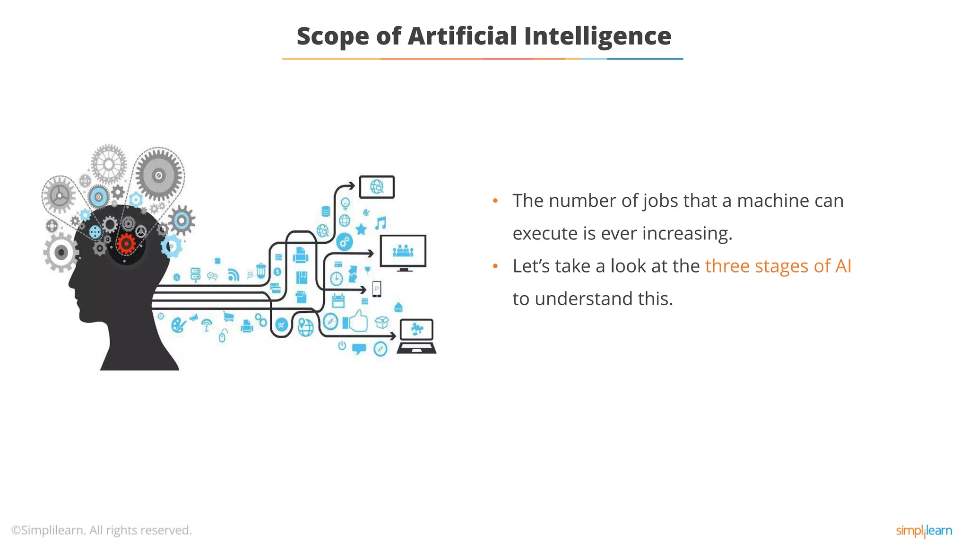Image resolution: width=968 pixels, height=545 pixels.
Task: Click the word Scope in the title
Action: click(x=332, y=36)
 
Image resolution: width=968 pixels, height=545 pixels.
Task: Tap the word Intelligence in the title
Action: click(x=597, y=36)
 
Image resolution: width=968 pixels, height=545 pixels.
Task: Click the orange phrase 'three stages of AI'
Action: click(x=778, y=266)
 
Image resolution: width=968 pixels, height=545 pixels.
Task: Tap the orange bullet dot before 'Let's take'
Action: click(x=495, y=266)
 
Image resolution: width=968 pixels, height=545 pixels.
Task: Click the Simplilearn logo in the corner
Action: click(x=924, y=530)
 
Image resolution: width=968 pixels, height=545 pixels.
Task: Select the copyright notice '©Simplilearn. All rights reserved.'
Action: click(x=102, y=530)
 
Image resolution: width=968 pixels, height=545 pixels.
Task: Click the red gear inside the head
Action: click(x=126, y=244)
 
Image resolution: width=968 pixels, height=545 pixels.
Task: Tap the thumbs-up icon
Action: click(x=359, y=321)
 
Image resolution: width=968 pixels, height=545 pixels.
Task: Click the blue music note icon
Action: click(x=380, y=223)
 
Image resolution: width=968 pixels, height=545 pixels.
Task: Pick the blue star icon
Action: click(x=361, y=229)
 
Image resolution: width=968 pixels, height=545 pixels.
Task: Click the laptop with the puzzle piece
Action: click(x=416, y=336)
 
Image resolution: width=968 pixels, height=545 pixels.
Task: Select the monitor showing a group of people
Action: click(x=403, y=252)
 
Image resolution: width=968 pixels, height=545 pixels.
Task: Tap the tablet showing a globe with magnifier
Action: click(x=377, y=187)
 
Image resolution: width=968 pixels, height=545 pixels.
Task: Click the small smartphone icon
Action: click(x=376, y=289)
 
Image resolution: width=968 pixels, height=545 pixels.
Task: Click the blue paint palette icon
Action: click(x=178, y=325)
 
